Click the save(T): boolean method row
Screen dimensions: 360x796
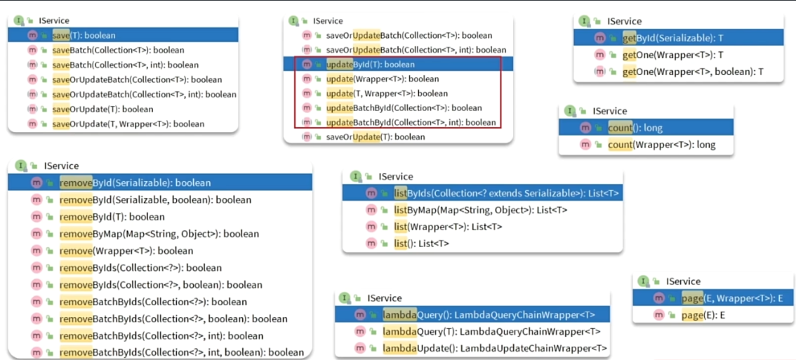tap(84, 35)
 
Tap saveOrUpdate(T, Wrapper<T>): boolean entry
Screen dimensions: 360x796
tap(128, 124)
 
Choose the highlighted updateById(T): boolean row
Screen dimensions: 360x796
tap(371, 64)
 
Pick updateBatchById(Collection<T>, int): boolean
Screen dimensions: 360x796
tap(411, 122)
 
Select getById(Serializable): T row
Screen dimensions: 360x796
tap(672, 37)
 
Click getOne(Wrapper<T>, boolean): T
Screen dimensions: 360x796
tap(692, 72)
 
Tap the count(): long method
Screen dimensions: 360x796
tap(635, 128)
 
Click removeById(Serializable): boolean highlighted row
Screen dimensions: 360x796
tap(135, 182)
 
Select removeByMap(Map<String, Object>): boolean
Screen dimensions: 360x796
tap(159, 234)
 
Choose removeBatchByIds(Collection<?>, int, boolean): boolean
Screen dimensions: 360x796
tap(181, 352)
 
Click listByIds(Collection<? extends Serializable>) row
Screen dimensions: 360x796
tap(505, 193)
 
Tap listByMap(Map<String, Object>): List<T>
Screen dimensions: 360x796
tap(480, 210)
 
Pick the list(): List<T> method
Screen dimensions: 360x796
tap(421, 244)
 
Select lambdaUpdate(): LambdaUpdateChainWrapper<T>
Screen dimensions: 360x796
tap(494, 349)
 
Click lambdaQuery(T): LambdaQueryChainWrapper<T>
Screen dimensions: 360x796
tap(491, 331)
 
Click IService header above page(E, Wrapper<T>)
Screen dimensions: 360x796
tap(682, 281)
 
